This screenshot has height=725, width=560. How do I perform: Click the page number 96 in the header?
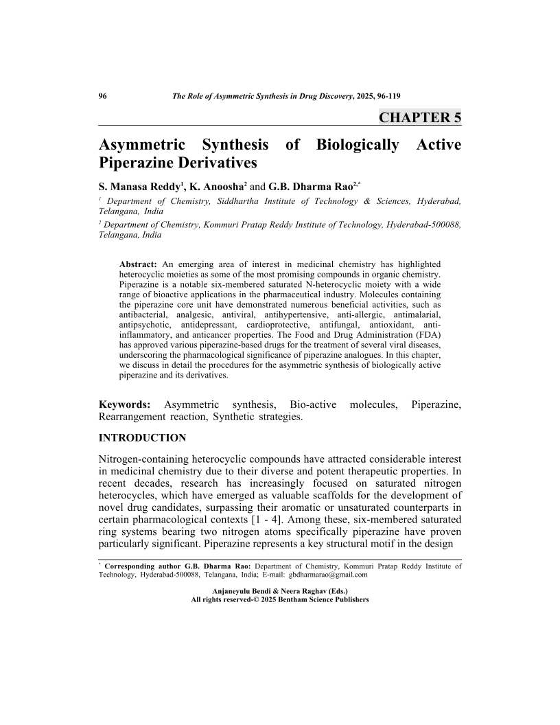[104, 97]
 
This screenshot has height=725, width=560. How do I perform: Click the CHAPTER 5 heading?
[420, 117]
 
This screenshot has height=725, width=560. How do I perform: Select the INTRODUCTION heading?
[143, 437]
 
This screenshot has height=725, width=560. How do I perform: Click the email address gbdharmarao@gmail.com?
[329, 575]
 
